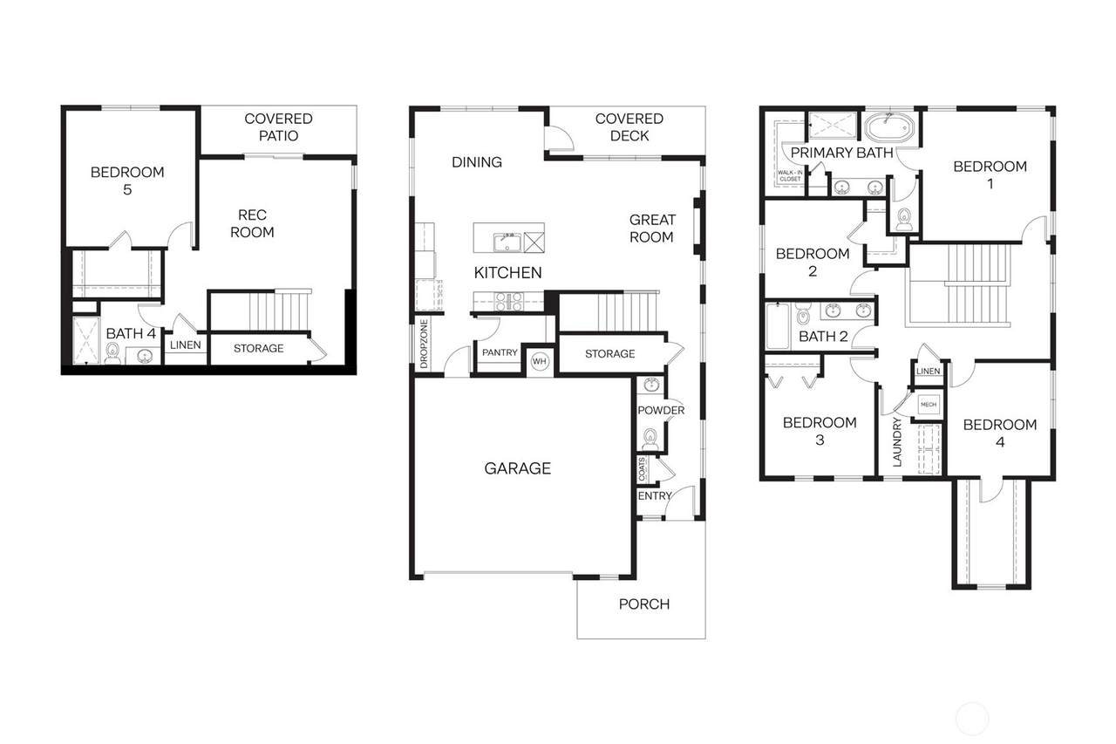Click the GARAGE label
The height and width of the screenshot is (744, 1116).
[517, 468]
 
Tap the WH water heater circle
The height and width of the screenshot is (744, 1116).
[540, 361]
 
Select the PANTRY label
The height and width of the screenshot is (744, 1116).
[500, 352]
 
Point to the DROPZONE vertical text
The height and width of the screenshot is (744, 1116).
[424, 344]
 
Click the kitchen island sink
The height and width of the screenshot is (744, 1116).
[507, 242]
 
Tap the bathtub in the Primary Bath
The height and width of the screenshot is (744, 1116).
[889, 127]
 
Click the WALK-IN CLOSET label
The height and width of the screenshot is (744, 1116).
[790, 175]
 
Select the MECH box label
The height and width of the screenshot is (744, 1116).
[929, 405]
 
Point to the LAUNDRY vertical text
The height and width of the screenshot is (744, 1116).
[897, 442]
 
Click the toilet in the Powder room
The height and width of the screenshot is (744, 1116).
[650, 438]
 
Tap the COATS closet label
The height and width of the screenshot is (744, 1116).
[642, 469]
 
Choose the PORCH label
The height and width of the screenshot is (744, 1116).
[643, 604]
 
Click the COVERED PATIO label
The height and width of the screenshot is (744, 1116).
[278, 127]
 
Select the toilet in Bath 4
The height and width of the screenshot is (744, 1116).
[113, 353]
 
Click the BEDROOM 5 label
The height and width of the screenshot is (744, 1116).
[127, 181]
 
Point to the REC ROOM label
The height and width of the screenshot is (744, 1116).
[252, 223]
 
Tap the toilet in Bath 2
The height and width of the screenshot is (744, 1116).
[803, 313]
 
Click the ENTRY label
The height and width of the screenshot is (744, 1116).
[655, 495]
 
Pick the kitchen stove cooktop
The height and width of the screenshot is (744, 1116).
[508, 301]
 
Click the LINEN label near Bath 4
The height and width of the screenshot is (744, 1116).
[186, 345]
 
